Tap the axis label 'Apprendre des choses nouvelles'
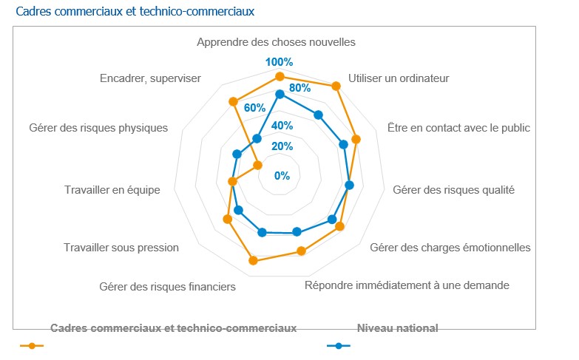(276, 42)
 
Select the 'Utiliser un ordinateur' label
(399, 78)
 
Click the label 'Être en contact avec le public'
(458, 127)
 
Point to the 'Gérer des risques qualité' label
(453, 190)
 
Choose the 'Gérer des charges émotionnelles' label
(450, 247)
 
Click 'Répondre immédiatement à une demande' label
(407, 285)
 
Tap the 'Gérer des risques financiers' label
(167, 286)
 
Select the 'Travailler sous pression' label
(121, 248)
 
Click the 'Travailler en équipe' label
(112, 190)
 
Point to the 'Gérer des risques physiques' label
(98, 128)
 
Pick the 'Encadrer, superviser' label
(150, 78)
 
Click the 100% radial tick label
(280, 61)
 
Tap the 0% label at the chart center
(282, 176)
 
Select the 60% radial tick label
(254, 107)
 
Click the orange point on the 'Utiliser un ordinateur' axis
(336, 86)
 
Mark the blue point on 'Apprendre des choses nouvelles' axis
(280, 94)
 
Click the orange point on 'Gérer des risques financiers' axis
(254, 260)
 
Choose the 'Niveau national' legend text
(397, 328)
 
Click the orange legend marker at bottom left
(32, 345)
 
